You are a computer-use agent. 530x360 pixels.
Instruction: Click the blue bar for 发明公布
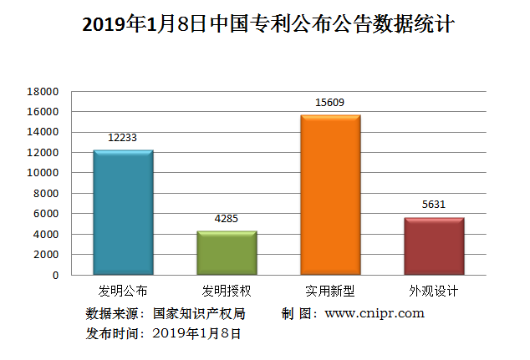tap(123, 212)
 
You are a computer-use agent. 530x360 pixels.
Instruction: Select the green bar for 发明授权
tap(227, 252)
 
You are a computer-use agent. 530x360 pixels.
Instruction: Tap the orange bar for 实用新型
tap(330, 195)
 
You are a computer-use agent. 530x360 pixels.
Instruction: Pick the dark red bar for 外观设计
tap(434, 246)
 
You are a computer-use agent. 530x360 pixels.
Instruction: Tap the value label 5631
tap(434, 205)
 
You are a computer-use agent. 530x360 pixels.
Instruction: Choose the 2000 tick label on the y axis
tap(46, 254)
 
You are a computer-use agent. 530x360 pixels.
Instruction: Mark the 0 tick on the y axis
tap(55, 275)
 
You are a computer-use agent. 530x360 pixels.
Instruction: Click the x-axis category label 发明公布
tap(123, 292)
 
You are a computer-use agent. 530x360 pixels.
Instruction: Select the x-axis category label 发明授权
tap(227, 292)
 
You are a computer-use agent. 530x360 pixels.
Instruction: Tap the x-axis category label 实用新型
tap(330, 292)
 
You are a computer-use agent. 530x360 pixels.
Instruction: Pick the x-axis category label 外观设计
tap(434, 292)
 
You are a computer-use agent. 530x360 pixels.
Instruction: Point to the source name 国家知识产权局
tap(200, 314)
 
